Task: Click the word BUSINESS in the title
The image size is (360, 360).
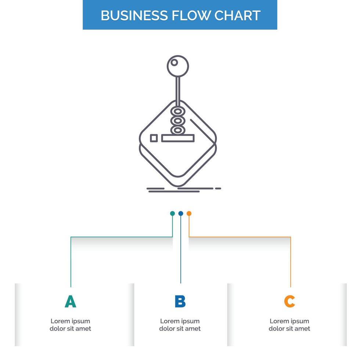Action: coord(133,15)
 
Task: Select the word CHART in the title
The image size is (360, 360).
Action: coord(238,15)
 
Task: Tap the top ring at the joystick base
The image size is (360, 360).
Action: coord(178,111)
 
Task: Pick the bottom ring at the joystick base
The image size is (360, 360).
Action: coord(178,130)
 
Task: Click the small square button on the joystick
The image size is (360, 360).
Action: coord(154,138)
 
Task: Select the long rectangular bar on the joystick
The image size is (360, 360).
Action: coord(177,138)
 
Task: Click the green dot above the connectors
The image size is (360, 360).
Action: coord(172,213)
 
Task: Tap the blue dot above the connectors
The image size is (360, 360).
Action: coord(181,213)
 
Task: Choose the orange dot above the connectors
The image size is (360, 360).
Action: coord(189,213)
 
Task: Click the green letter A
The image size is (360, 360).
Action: coord(70,302)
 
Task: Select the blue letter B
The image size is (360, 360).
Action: coord(180,302)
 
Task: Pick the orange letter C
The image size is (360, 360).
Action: coord(289,302)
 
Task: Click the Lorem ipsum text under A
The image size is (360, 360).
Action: coord(70,325)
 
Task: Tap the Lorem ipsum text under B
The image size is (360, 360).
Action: coord(180,325)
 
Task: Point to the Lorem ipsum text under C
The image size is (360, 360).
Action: coord(289,325)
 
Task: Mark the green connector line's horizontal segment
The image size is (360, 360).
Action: coord(121,237)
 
